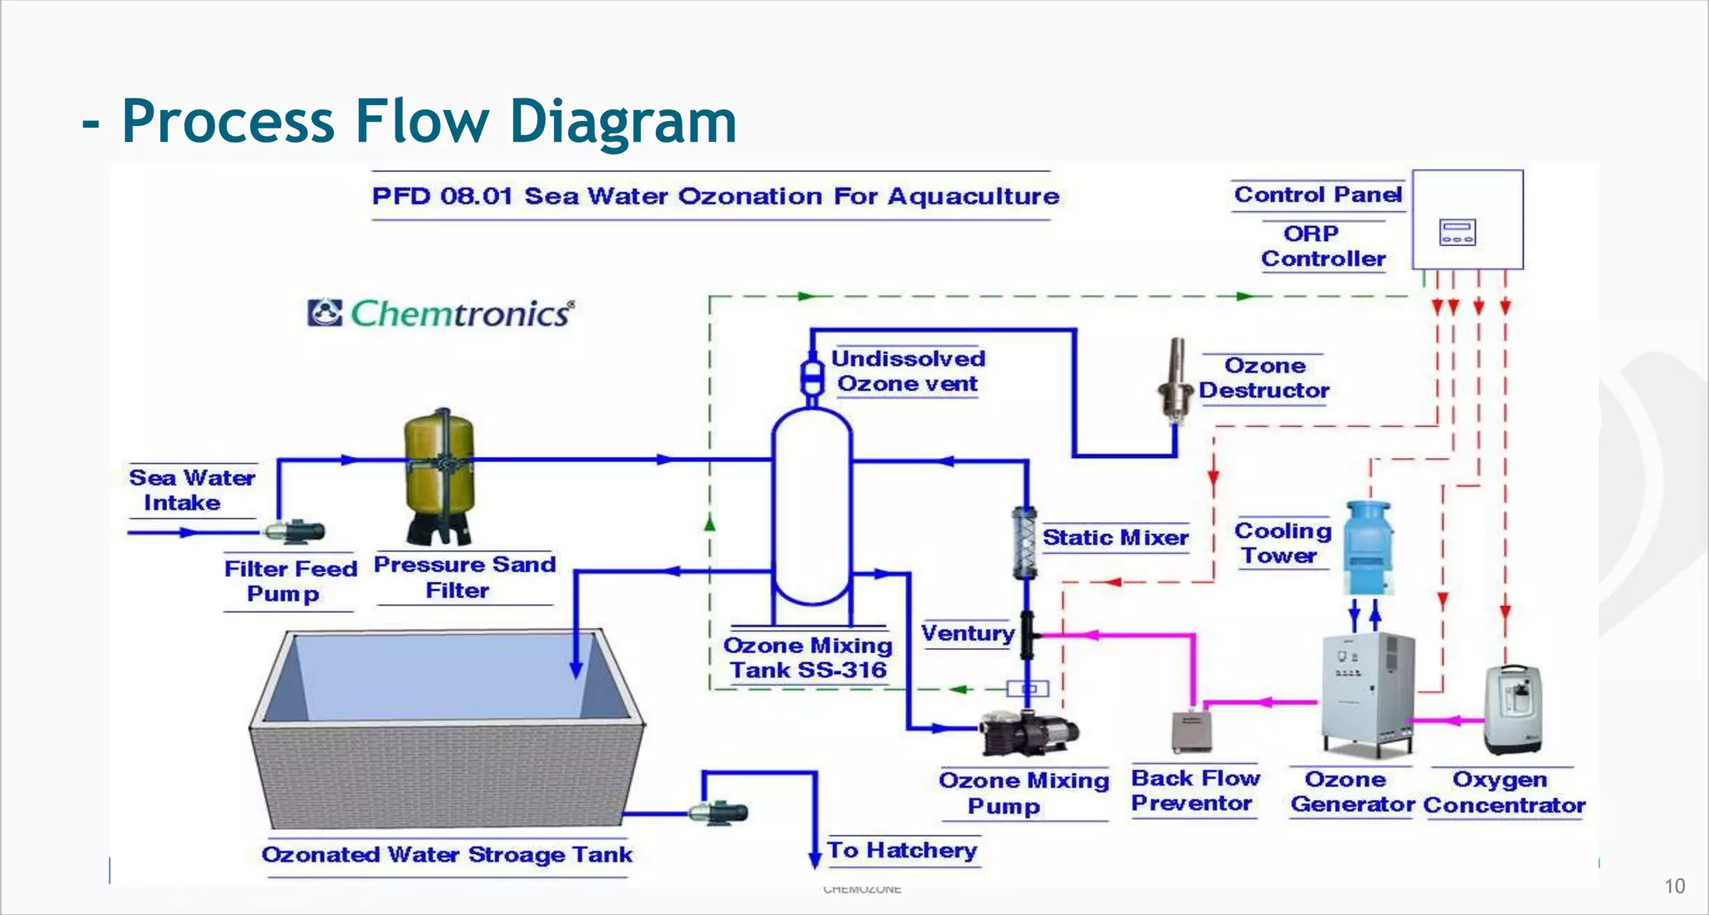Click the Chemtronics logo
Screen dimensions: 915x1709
point(441,314)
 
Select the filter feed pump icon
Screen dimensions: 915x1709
point(294,530)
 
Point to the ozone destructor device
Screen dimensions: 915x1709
point(1177,380)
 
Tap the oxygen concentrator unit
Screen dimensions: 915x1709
point(1512,709)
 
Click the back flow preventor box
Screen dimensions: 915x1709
point(1192,731)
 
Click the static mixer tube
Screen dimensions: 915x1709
point(1025,542)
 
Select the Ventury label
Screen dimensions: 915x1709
point(967,634)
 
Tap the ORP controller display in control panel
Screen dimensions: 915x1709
point(1458,232)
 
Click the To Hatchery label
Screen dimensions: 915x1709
point(902,850)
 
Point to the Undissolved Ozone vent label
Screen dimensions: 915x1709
point(908,371)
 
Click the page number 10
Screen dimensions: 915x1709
point(1674,887)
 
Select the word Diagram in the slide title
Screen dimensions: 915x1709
point(623,122)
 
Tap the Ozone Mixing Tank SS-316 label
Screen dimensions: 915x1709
point(808,658)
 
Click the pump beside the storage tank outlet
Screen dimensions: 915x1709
point(719,812)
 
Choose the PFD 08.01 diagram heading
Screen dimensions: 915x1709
point(715,197)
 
